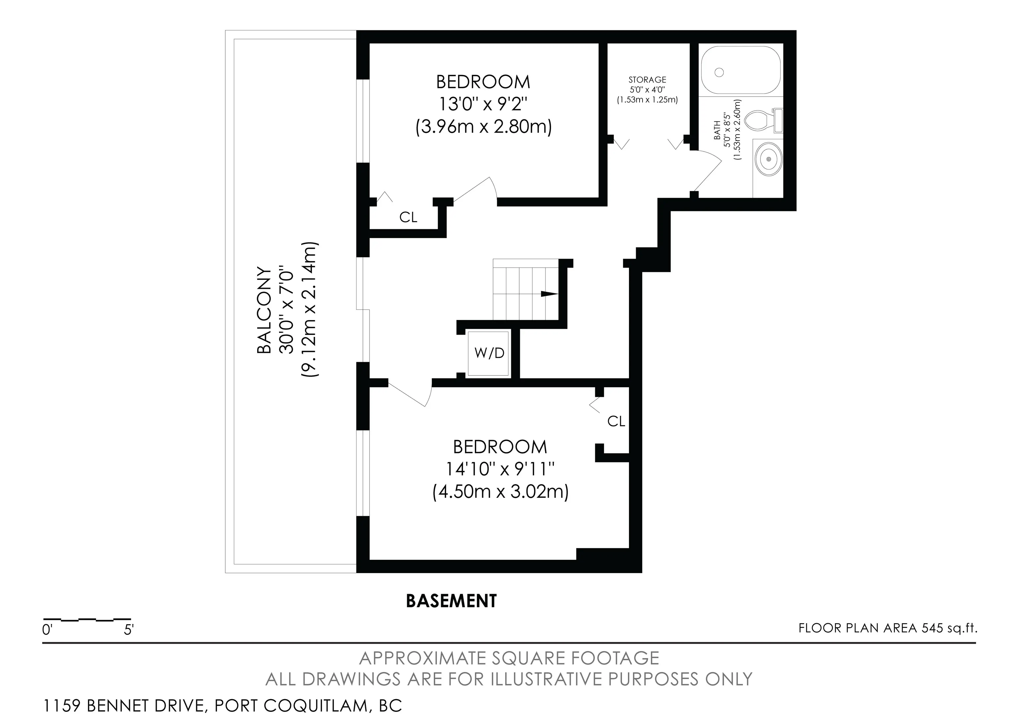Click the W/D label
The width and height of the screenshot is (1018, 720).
489,353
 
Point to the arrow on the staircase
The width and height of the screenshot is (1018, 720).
548,294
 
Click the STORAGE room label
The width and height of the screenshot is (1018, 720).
647,80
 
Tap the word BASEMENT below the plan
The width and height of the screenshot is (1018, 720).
451,601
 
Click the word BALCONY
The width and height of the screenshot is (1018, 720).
264,310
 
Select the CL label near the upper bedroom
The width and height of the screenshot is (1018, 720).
408,217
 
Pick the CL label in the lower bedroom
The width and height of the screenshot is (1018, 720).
616,422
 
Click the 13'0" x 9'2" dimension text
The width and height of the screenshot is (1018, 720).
483,105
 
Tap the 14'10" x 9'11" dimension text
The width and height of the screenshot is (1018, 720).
500,469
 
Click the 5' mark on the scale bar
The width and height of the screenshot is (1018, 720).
129,630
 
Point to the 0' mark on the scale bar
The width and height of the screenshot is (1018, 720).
47,630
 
